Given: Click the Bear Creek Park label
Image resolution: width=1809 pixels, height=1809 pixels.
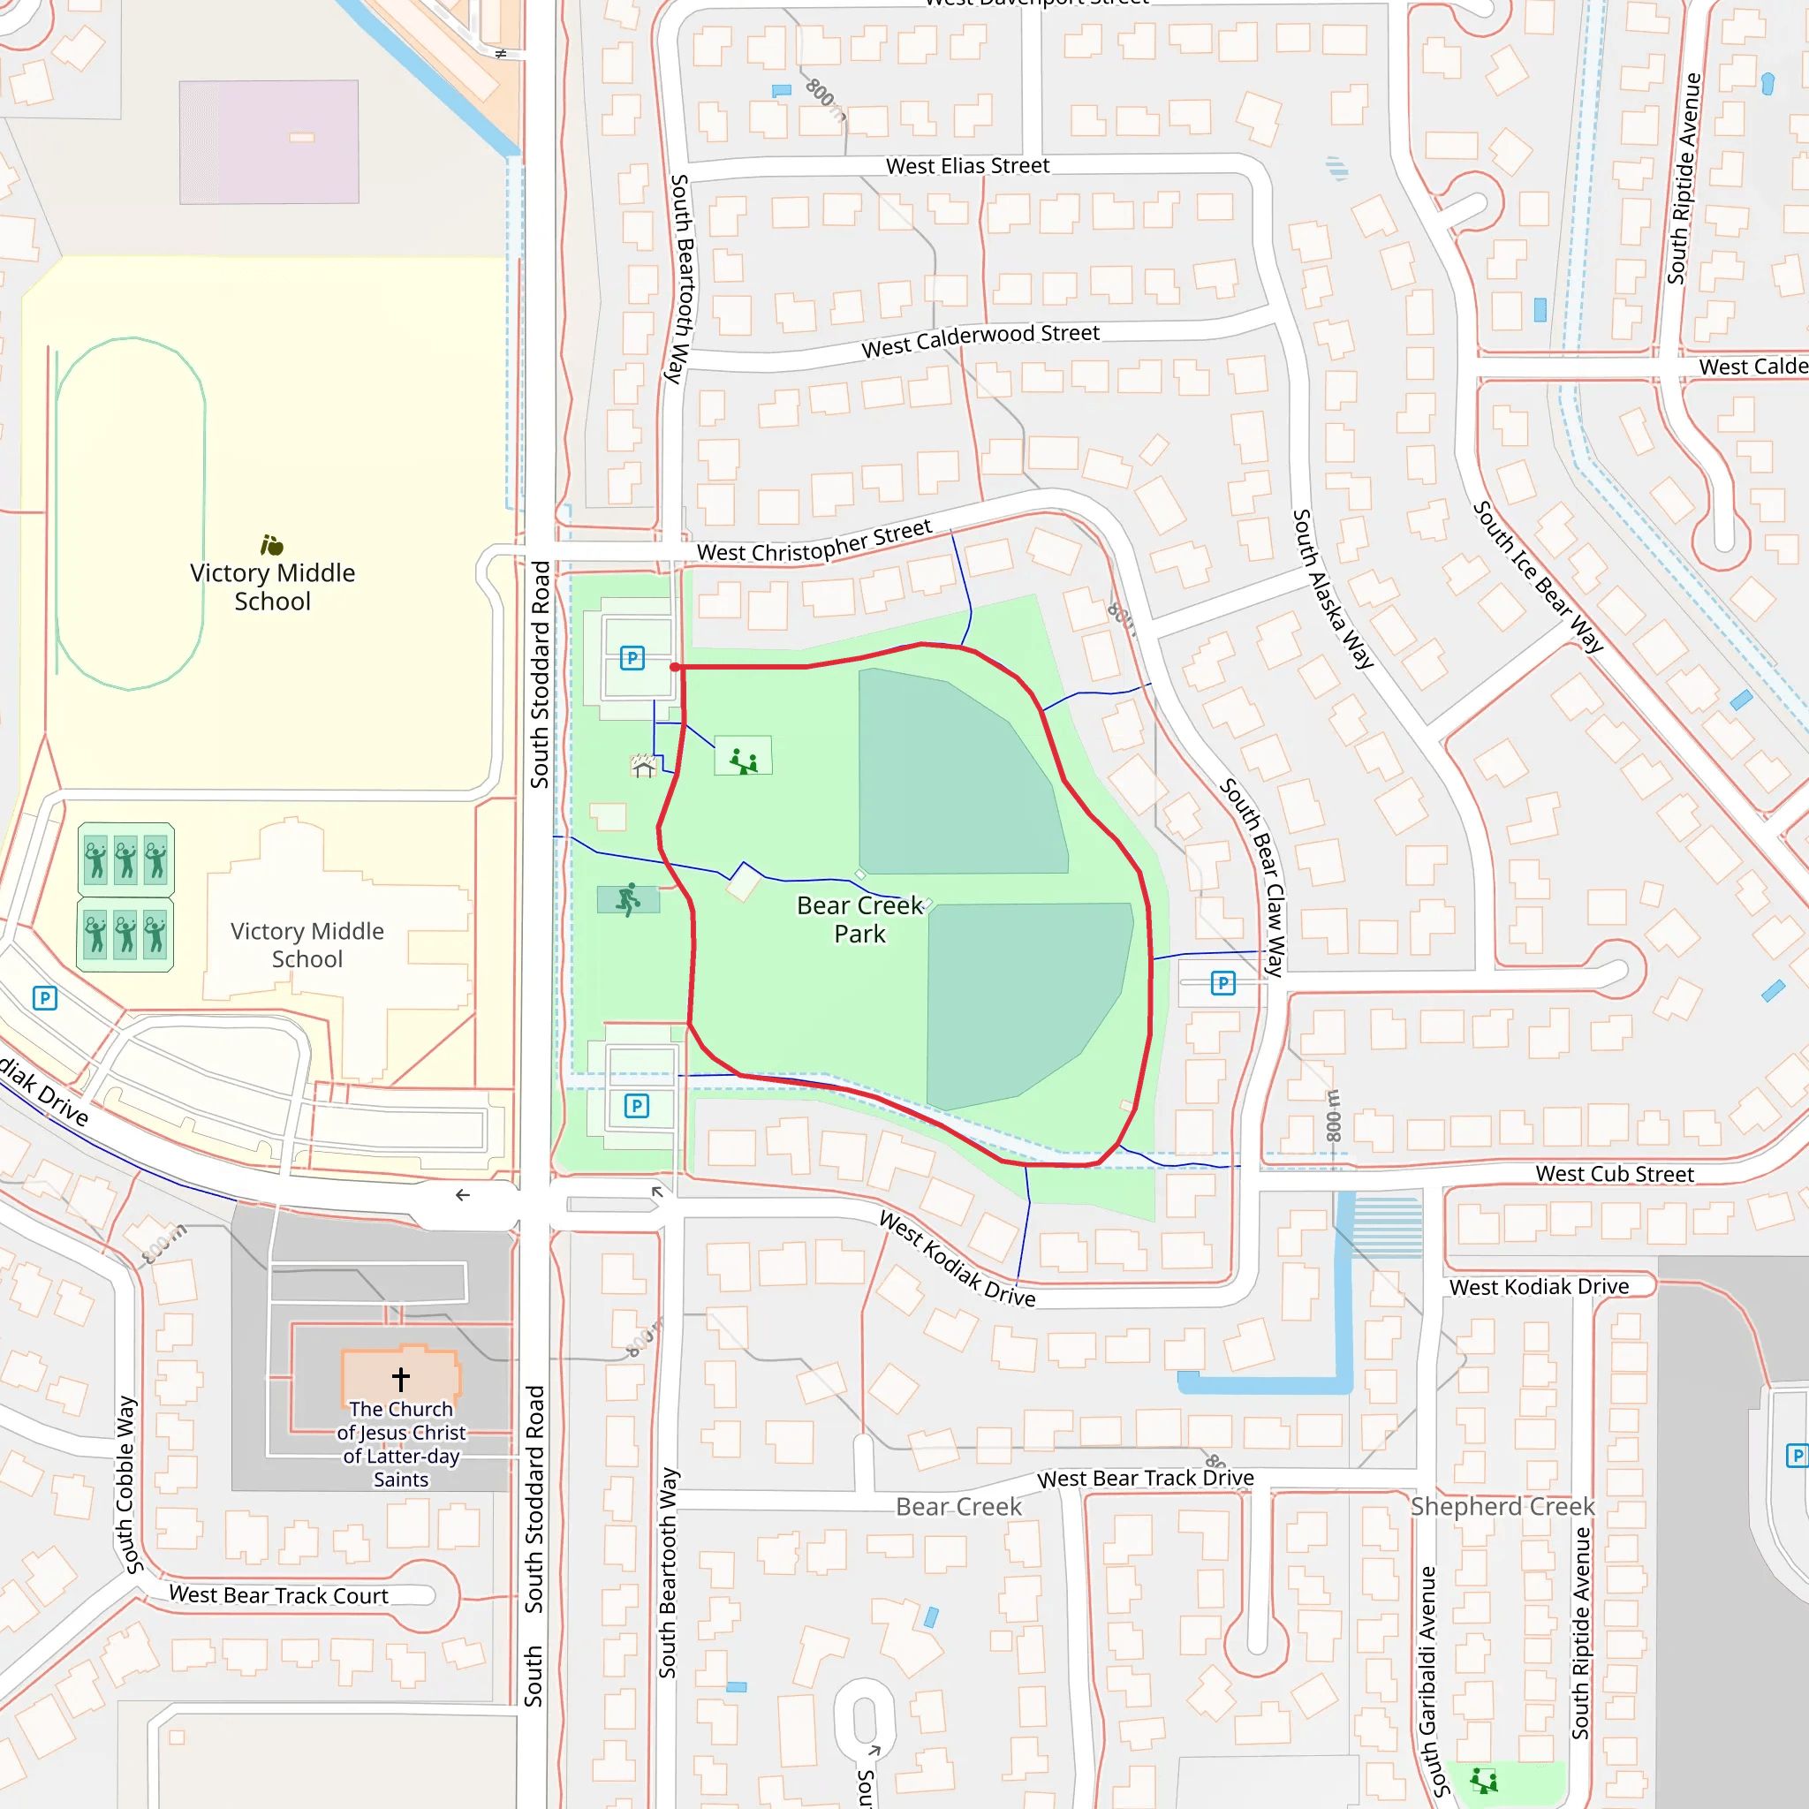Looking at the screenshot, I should point(859,920).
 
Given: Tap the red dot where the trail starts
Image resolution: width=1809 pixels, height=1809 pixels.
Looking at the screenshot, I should point(675,667).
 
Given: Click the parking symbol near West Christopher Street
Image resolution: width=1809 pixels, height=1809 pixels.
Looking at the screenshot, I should point(632,658).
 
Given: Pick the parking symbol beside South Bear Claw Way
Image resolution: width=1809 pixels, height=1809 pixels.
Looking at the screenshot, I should point(1222,983).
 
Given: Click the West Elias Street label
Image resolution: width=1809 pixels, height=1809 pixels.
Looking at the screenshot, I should point(967,167).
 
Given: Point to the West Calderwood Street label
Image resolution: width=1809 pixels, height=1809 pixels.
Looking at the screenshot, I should point(980,341).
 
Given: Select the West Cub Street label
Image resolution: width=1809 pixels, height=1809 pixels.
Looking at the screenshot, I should point(1615,1174).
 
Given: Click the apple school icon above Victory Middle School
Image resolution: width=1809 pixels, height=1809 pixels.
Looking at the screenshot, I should point(271,545).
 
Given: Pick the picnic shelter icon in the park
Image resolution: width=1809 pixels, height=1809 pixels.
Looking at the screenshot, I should point(643,766).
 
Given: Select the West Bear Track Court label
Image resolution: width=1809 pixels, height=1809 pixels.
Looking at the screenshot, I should point(278,1595).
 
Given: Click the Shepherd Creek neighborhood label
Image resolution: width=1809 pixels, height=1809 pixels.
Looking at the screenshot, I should point(1502,1507).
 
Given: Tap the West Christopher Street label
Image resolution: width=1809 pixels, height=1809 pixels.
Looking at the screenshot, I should point(814,542).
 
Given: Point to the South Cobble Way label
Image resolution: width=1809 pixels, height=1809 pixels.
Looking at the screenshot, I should point(128,1485).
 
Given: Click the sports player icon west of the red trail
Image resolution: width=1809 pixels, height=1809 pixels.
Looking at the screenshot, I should point(628,900).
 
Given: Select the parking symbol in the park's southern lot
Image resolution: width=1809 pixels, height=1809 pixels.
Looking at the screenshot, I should point(637,1106).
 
